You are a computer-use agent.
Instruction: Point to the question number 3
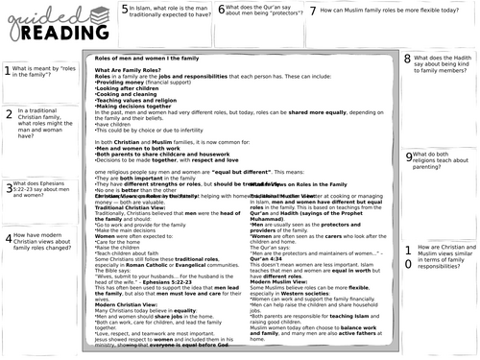pos(9,188)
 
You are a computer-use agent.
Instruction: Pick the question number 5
pos(126,10)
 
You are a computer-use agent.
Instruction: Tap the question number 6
pos(222,10)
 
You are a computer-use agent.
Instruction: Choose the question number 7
pos(313,11)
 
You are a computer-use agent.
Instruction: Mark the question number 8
pos(408,59)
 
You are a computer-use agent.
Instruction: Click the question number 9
pos(409,156)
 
